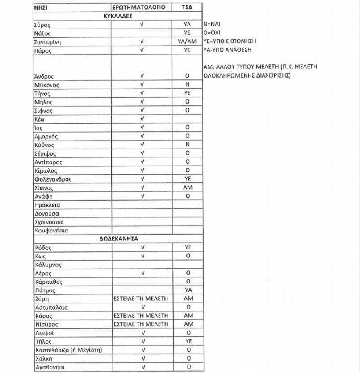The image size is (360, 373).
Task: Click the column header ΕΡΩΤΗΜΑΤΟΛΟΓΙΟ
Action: tap(142, 8)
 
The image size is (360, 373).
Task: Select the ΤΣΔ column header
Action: tap(188, 8)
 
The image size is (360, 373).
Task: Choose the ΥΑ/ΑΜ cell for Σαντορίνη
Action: tap(188, 42)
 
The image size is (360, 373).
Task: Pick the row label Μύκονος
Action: tap(47, 85)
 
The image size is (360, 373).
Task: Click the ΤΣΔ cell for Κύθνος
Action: tap(188, 145)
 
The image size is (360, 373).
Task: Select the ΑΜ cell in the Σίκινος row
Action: tap(188, 188)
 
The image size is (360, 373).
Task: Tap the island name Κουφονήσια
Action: tap(51, 231)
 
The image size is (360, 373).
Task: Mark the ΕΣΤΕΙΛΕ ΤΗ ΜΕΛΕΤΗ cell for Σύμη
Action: tap(142, 298)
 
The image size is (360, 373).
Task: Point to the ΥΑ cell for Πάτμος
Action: tap(188, 290)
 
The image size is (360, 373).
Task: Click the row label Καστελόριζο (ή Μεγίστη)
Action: tap(68, 350)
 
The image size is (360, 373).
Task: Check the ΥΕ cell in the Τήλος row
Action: tap(188, 342)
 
